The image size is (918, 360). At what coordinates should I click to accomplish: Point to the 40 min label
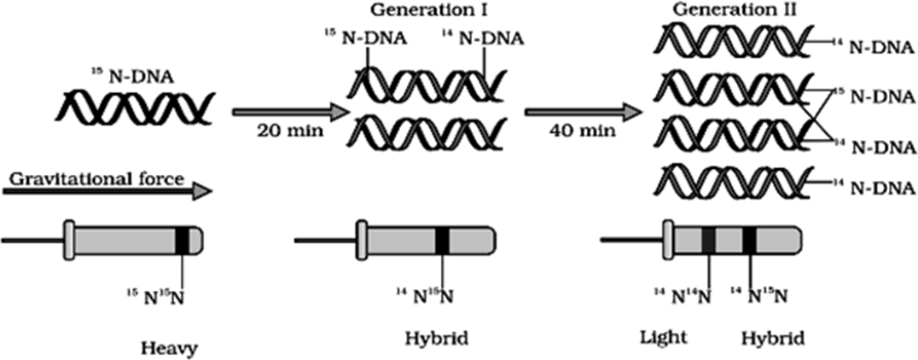(570, 132)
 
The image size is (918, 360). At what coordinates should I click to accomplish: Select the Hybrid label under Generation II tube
(772, 337)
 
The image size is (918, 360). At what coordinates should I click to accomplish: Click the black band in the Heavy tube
(182, 241)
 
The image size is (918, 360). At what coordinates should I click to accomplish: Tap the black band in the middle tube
(441, 241)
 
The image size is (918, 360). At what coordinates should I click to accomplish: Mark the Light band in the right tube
(708, 241)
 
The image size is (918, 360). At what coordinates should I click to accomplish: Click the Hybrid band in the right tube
(749, 241)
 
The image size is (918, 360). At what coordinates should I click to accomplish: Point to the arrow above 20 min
(291, 112)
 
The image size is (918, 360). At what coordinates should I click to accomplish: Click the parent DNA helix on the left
(135, 107)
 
